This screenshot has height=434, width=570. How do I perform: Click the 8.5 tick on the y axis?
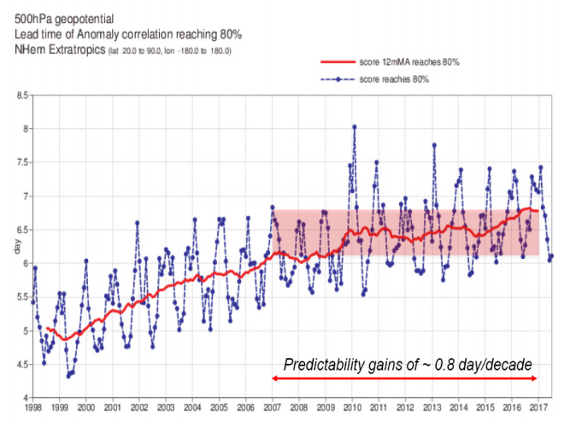pos(21,96)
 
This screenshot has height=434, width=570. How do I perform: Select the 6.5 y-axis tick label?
pos(21,230)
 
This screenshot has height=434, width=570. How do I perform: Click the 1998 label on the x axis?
pos(32,408)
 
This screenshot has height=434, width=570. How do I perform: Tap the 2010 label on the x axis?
pos(351,408)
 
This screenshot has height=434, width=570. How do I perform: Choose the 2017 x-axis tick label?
pos(537,408)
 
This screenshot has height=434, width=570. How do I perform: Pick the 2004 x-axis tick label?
pos(191,408)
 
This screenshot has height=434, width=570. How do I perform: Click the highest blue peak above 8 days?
pos(354,126)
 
